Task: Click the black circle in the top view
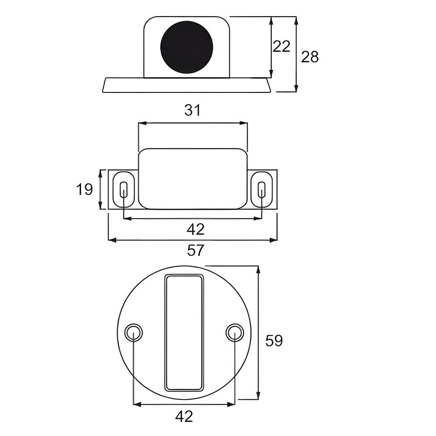[187, 47]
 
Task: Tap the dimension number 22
[281, 47]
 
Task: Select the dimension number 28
[310, 57]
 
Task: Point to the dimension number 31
[192, 110]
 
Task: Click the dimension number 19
[84, 189]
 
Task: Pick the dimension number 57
[196, 250]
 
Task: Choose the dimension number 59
[274, 341]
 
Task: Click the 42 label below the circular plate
[184, 416]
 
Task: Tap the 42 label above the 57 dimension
[196, 229]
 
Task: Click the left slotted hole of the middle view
[124, 190]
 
